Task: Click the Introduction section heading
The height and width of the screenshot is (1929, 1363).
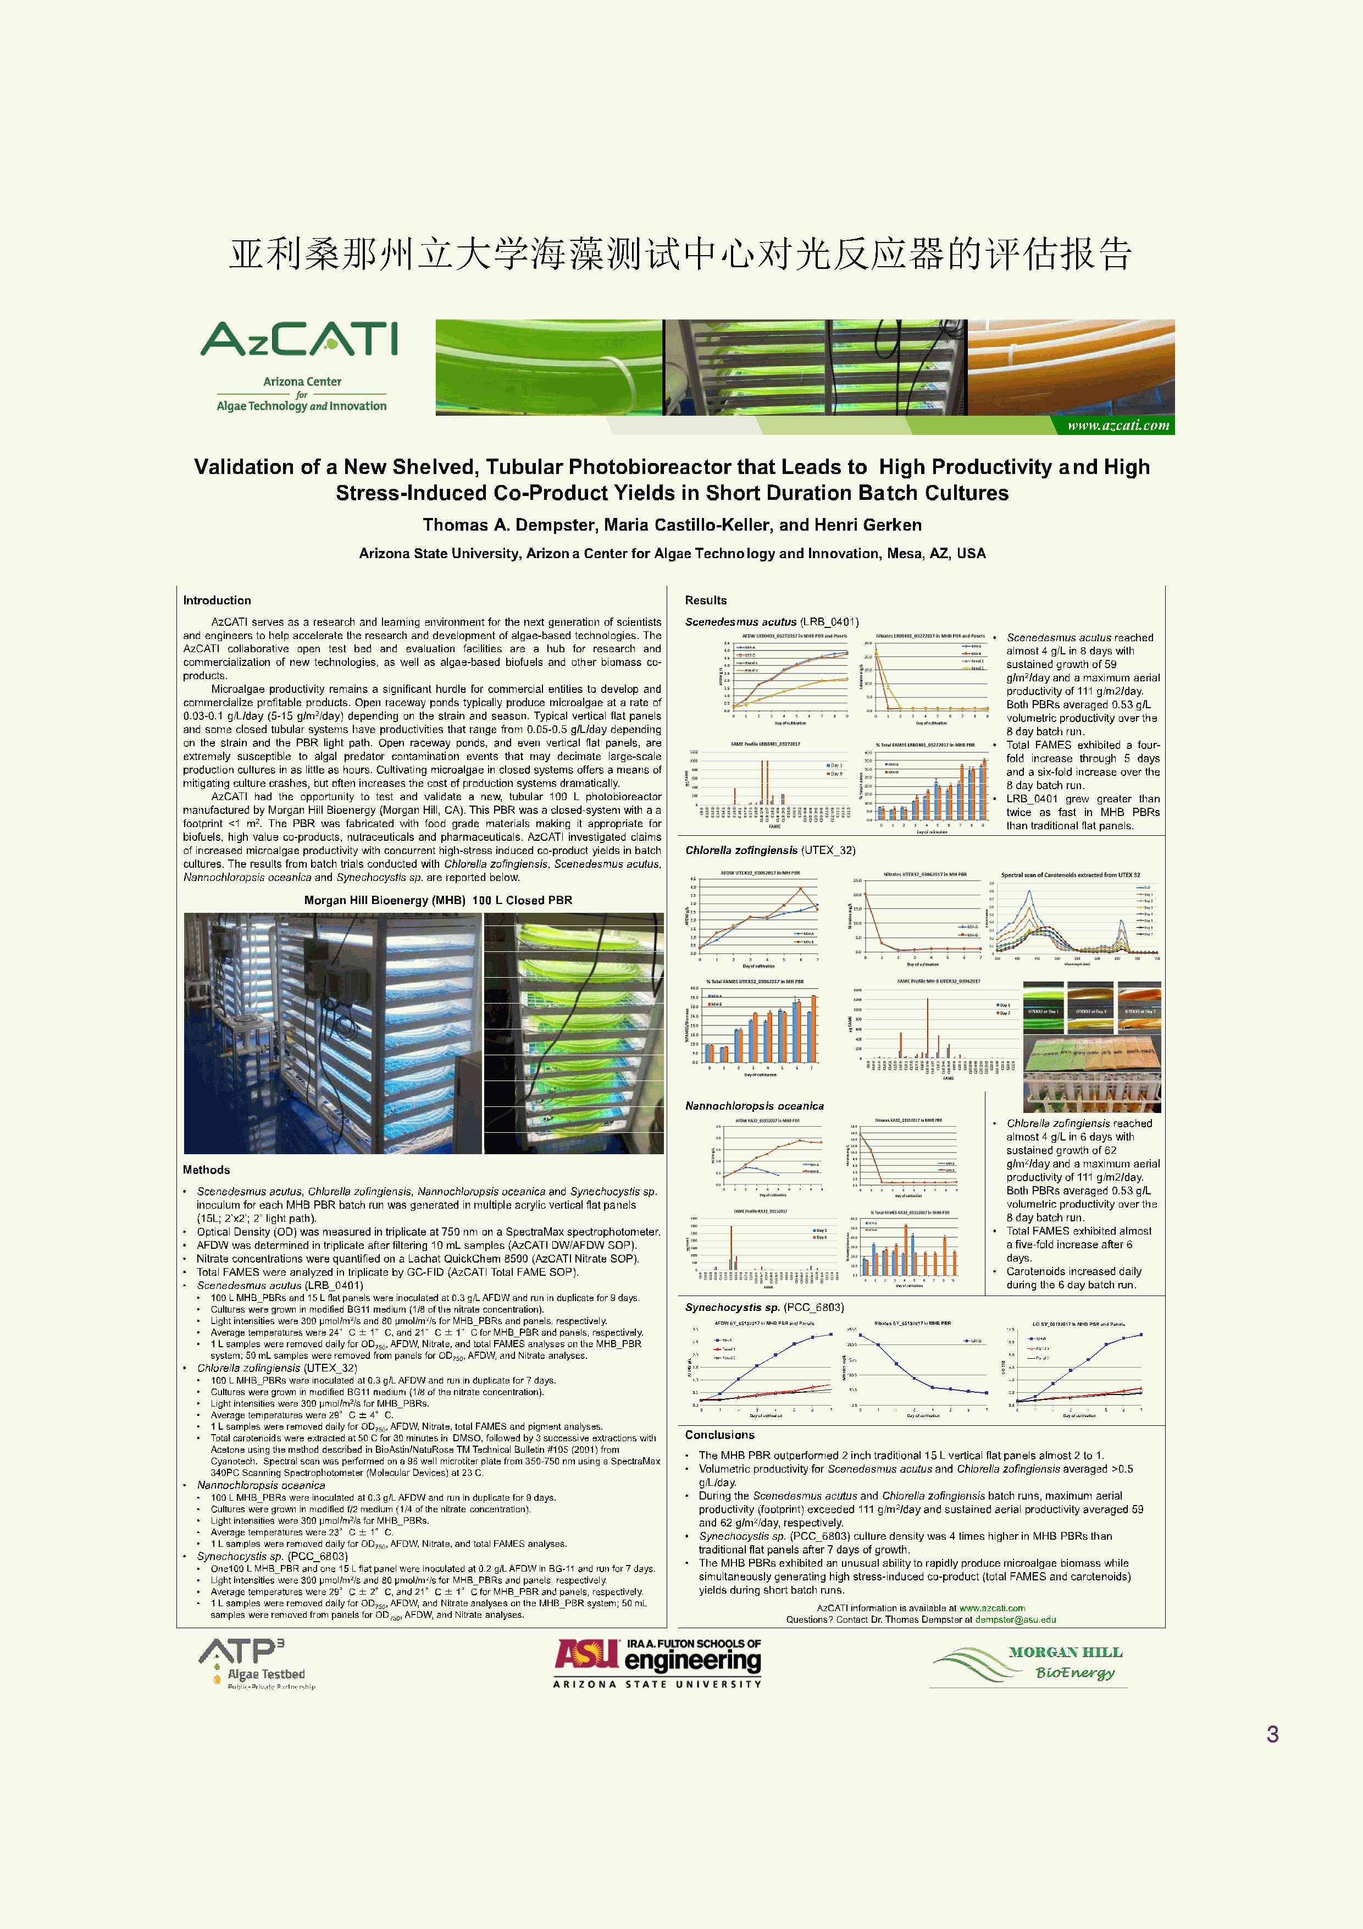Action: (x=217, y=600)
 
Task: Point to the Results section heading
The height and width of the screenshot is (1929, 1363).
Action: (x=706, y=600)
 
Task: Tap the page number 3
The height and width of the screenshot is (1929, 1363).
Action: (x=1272, y=1733)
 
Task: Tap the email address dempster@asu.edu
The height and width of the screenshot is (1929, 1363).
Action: (x=1015, y=1619)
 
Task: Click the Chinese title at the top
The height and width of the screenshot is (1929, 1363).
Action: (x=680, y=253)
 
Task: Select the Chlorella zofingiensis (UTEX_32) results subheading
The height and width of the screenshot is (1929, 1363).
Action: (x=770, y=850)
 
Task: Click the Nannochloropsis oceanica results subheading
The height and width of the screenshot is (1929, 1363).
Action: (x=754, y=1106)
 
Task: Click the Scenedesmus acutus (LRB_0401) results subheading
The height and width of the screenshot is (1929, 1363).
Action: (x=772, y=622)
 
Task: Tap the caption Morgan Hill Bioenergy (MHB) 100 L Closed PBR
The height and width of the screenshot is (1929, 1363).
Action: (x=437, y=900)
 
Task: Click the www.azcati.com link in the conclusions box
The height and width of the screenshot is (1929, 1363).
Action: (x=992, y=1608)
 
